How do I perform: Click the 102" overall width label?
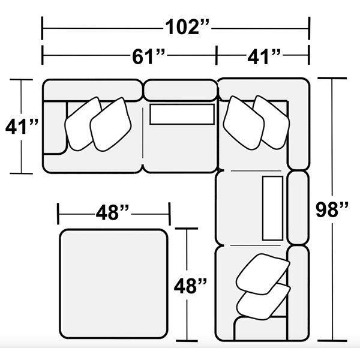pos(187,27)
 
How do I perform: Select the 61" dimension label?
pos(148,56)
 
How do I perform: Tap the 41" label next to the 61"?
pos(264,56)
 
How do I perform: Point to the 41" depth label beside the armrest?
pos(22,127)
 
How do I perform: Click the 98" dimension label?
pos(332,209)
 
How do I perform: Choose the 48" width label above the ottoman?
pos(113,212)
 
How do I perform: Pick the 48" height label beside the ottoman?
pos(190,286)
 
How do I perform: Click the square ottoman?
pos(114,284)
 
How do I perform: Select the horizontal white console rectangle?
pos(182,114)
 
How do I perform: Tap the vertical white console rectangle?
pos(272,208)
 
